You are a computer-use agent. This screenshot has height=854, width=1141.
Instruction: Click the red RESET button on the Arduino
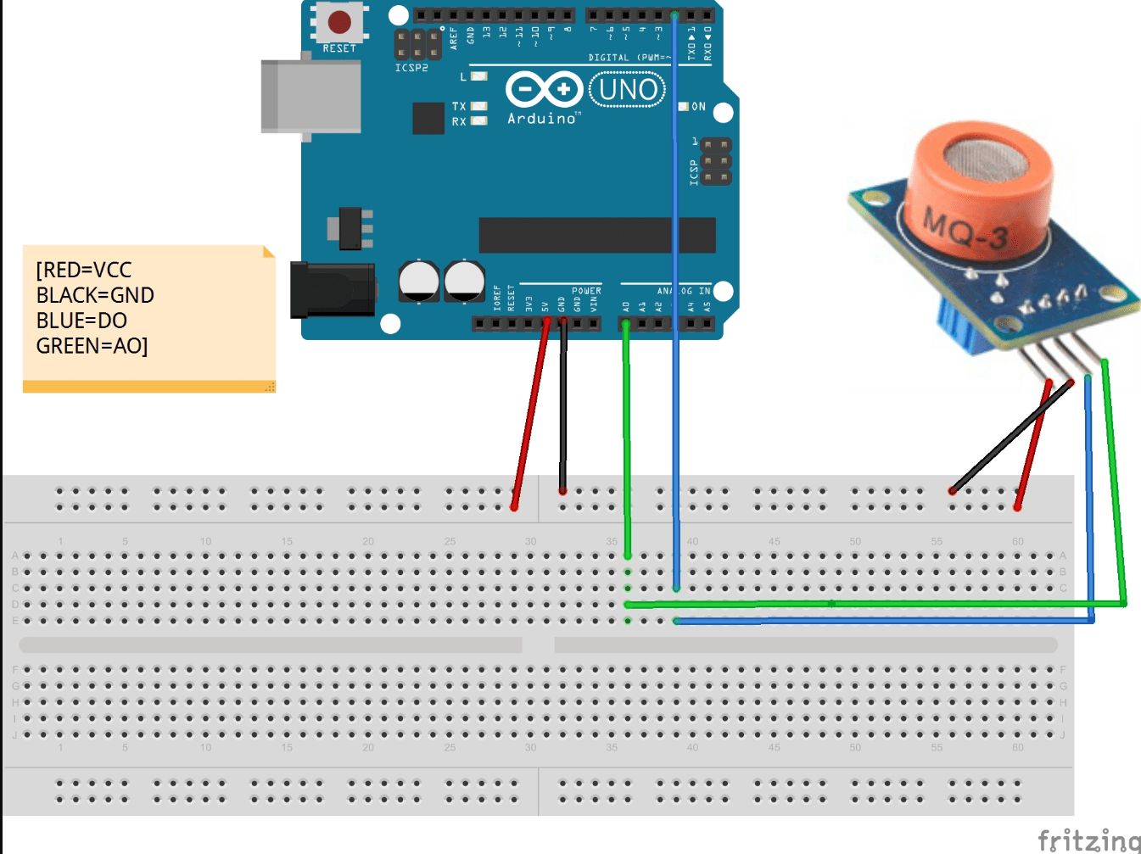pyautogui.click(x=339, y=22)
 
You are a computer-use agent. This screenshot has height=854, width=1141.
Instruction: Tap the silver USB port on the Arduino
pyautogui.click(x=310, y=96)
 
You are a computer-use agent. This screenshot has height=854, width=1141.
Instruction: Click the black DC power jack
pyautogui.click(x=332, y=289)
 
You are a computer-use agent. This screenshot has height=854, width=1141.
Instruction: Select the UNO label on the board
pyautogui.click(x=627, y=89)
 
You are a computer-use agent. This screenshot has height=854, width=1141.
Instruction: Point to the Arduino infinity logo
pyautogui.click(x=544, y=89)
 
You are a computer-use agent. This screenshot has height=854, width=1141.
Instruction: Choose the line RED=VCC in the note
pyautogui.click(x=84, y=270)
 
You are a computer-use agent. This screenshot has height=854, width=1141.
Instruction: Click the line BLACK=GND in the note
pyautogui.click(x=95, y=295)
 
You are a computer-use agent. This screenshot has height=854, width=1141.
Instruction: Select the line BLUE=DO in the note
pyautogui.click(x=81, y=321)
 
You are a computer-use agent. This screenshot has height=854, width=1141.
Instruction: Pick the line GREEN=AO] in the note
pyautogui.click(x=92, y=346)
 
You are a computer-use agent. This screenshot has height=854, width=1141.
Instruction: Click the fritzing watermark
pyautogui.click(x=1088, y=840)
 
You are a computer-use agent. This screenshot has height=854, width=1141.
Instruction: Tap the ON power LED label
pyautogui.click(x=698, y=107)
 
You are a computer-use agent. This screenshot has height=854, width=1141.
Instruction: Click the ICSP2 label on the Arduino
pyautogui.click(x=411, y=68)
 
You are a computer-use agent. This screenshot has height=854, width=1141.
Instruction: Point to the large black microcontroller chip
pyautogui.click(x=596, y=235)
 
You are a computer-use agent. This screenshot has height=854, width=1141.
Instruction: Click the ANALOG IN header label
pyautogui.click(x=684, y=291)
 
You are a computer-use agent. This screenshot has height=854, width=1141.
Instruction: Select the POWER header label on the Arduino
pyautogui.click(x=586, y=291)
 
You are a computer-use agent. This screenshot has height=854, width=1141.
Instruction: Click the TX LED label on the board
pyautogui.click(x=459, y=106)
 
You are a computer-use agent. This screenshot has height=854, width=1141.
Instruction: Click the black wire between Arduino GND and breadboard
pyautogui.click(x=562, y=407)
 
